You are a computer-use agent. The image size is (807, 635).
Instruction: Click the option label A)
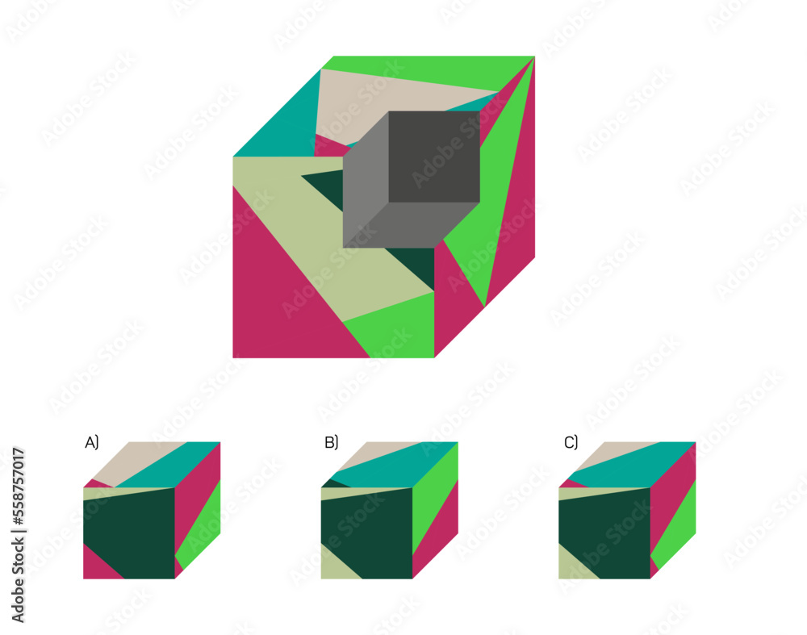click(x=92, y=442)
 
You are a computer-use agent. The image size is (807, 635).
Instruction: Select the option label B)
click(x=331, y=442)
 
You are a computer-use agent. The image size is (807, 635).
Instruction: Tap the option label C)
click(x=571, y=442)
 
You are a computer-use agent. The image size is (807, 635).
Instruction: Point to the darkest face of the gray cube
click(x=434, y=157)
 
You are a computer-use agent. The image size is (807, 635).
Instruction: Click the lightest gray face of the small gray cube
click(x=366, y=180)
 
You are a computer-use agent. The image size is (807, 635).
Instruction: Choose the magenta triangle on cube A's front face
click(x=98, y=565)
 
